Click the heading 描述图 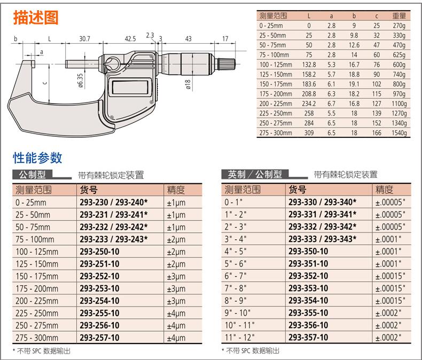[36, 18]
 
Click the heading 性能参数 [37, 158]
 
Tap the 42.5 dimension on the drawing [130, 39]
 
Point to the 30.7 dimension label [84, 39]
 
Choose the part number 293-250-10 [99, 252]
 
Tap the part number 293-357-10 [308, 338]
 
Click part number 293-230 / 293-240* [113, 202]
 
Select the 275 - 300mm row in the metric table [37, 338]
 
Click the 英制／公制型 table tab [254, 174]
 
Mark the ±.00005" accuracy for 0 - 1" [390, 202]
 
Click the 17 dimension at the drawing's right [225, 39]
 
